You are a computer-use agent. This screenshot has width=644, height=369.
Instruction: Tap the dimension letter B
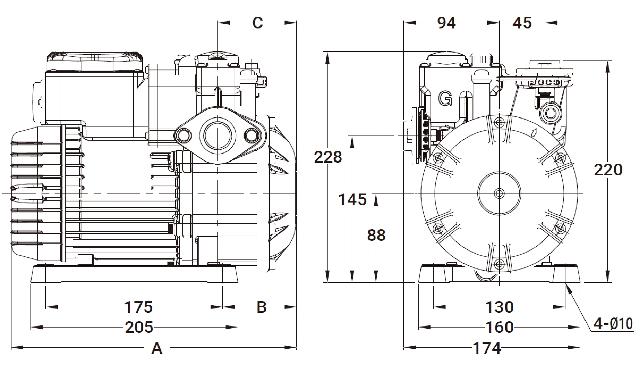(x=262, y=307)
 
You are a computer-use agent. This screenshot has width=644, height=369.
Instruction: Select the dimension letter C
(x=258, y=23)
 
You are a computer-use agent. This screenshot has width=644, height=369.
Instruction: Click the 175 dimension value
(x=139, y=307)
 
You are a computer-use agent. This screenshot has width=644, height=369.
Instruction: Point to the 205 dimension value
(x=139, y=327)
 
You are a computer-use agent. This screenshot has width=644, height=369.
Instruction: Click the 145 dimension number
(x=352, y=199)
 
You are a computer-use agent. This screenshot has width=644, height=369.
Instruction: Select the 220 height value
(x=608, y=170)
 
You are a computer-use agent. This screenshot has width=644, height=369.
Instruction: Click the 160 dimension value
(x=500, y=327)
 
